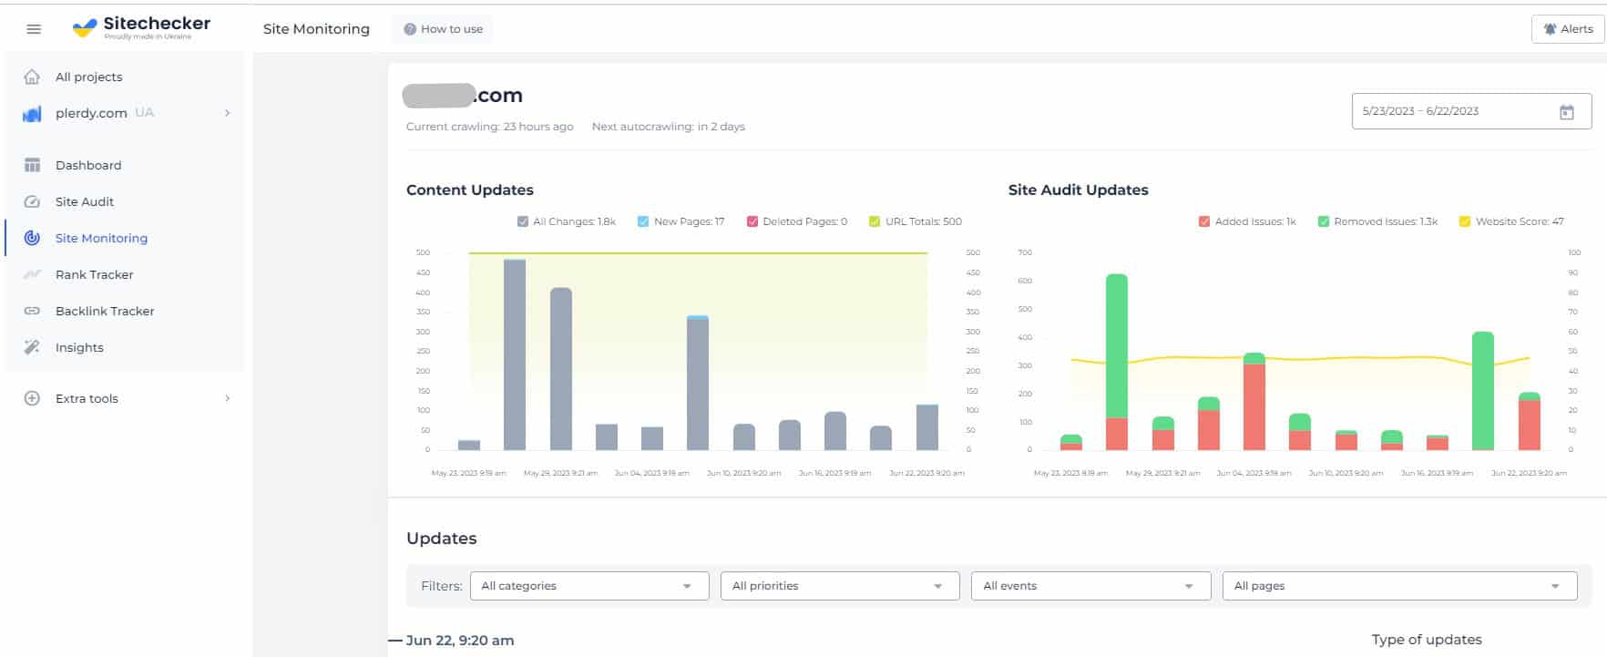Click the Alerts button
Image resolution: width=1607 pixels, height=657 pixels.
[x=1568, y=29]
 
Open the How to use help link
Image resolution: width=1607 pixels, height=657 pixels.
[x=444, y=29]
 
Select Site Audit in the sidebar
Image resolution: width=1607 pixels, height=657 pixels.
[x=84, y=201]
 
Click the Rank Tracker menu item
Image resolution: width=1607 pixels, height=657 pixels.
[x=94, y=274]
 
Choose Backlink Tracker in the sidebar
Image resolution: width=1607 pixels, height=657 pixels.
[x=104, y=311]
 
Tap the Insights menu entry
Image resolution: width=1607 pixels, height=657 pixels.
[x=79, y=347]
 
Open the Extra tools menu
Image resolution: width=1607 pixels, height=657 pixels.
[x=87, y=398]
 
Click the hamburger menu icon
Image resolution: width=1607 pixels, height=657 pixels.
[x=34, y=29]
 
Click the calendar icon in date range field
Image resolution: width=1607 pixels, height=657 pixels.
[x=1566, y=112]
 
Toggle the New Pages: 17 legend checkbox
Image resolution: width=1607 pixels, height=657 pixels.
[x=643, y=221]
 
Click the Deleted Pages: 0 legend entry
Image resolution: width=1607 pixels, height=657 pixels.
[x=796, y=221]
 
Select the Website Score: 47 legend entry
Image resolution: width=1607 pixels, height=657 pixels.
[x=1510, y=221]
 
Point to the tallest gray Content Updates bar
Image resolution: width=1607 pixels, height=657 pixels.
[x=515, y=355]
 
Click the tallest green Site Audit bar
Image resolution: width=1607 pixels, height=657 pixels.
[x=1116, y=346]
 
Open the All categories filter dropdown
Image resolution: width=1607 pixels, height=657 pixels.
[x=589, y=586]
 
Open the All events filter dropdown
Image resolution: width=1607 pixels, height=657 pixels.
[x=1090, y=586]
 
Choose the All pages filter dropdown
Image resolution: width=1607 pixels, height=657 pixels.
[x=1398, y=586]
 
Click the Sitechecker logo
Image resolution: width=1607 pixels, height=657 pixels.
[x=141, y=27]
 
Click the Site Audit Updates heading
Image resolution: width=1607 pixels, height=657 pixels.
[x=1078, y=190]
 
